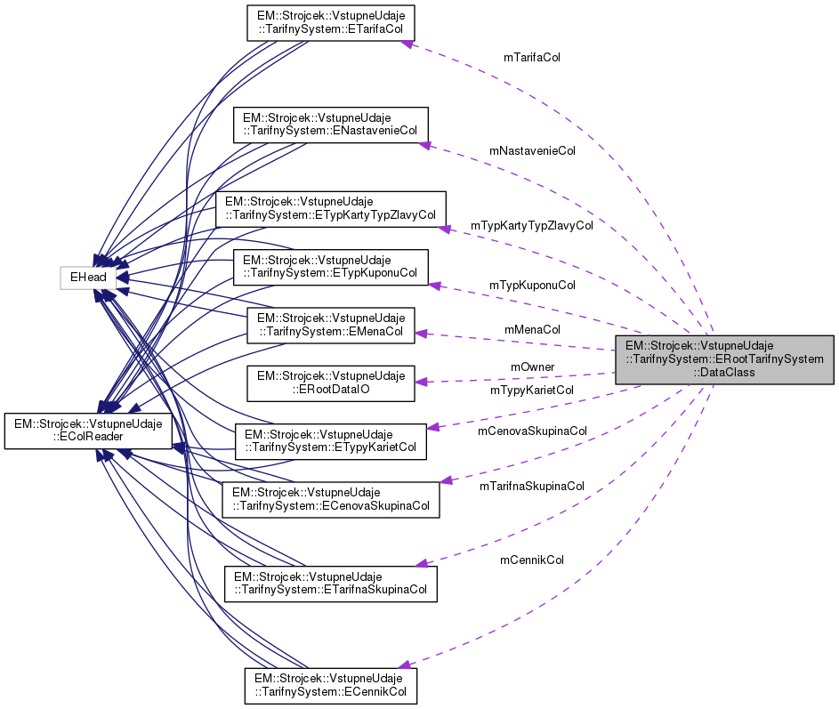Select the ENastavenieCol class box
[x=330, y=125]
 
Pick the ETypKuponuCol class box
[x=330, y=267]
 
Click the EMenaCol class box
[x=330, y=326]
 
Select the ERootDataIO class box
[x=330, y=383]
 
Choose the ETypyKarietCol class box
[x=330, y=441]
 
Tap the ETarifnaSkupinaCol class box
[x=330, y=583]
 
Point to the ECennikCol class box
[x=330, y=684]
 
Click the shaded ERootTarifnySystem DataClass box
[x=724, y=359]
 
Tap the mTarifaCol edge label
[x=531, y=57]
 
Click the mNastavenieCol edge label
[x=532, y=151]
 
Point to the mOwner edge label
[x=532, y=367]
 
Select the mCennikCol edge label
[x=531, y=560]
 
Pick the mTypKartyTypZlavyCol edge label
[x=532, y=226]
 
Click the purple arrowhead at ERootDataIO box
[x=422, y=382]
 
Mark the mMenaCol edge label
[x=532, y=329]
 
